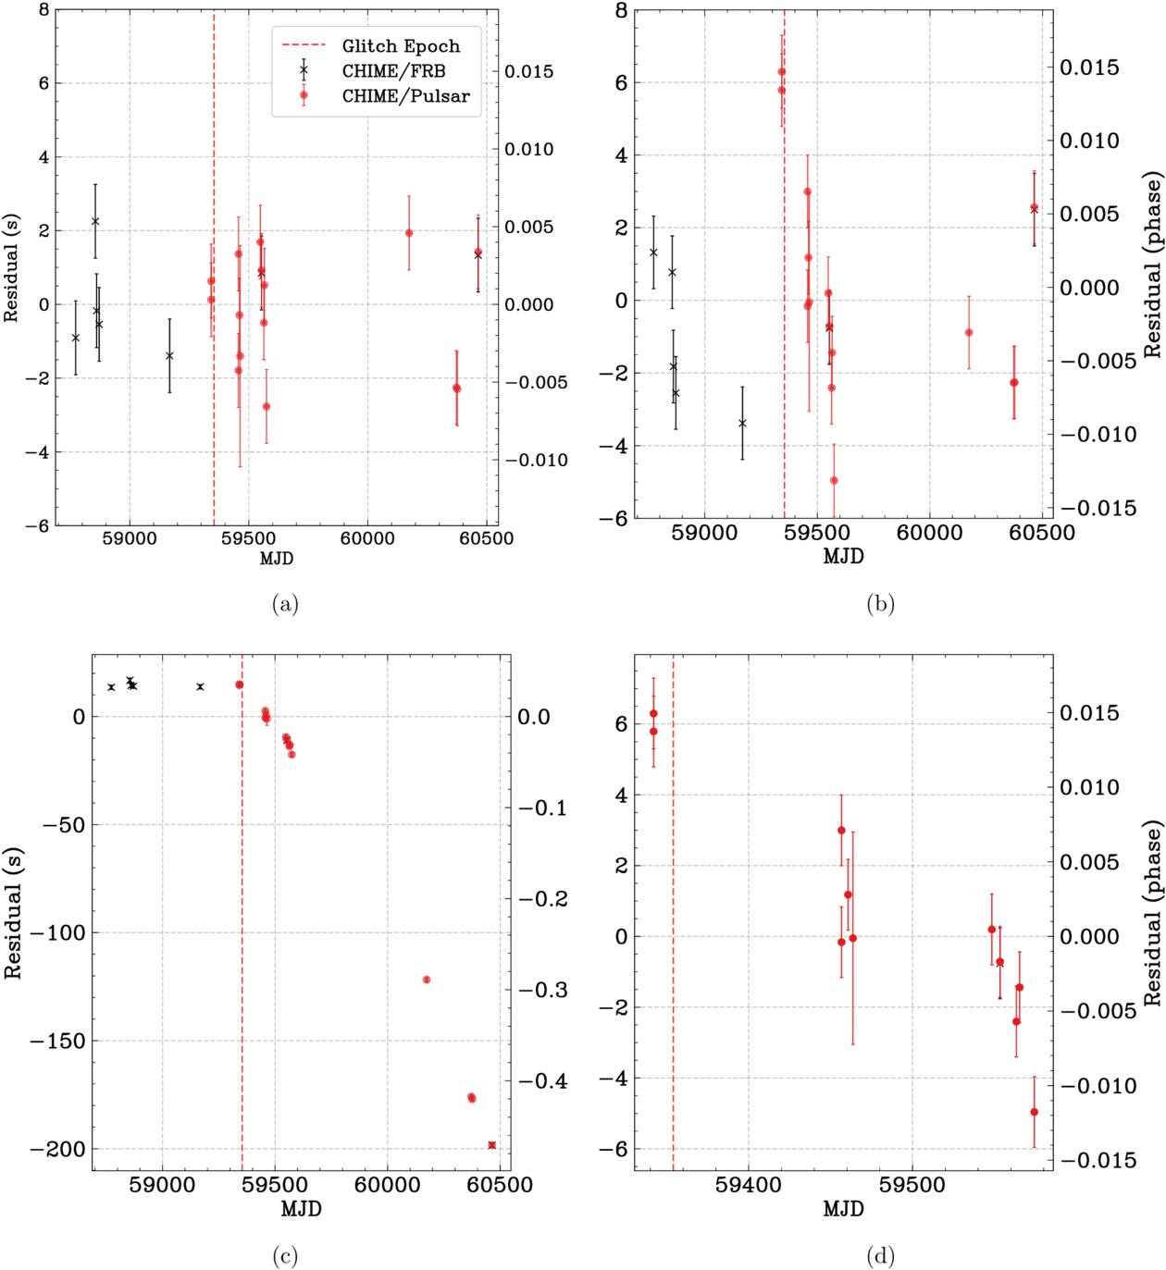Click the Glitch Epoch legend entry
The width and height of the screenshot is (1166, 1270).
(401, 45)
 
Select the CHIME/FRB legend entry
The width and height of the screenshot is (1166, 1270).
(393, 70)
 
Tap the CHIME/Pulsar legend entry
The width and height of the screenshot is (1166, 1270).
(405, 95)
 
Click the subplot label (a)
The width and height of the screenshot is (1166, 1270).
(285, 604)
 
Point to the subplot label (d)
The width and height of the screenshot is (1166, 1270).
(880, 1256)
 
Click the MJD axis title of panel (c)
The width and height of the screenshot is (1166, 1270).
(301, 1208)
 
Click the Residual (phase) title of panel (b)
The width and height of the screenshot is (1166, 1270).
(1152, 264)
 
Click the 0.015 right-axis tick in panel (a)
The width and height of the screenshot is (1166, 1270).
(529, 71)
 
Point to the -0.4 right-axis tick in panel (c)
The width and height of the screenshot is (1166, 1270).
(543, 1080)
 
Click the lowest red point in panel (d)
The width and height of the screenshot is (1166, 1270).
(1034, 1112)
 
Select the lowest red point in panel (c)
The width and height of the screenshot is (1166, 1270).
(491, 1145)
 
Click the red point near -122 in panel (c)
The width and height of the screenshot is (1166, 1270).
(427, 980)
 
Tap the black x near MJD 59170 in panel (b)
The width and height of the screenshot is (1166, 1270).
(742, 423)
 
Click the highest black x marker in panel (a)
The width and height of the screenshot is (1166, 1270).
(95, 221)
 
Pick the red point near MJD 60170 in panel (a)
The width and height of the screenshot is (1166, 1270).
(409, 233)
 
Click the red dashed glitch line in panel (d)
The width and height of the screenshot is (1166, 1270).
(673, 925)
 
